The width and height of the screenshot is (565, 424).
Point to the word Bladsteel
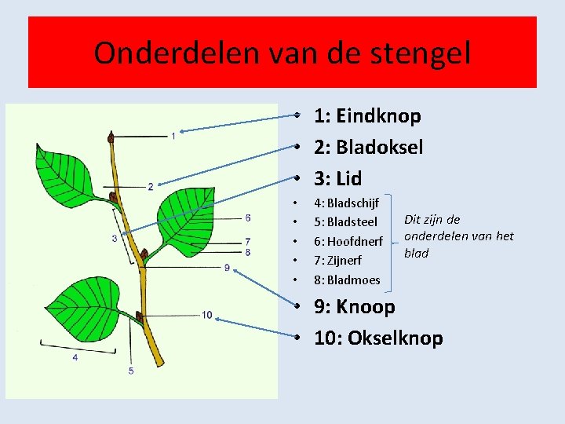point(356,222)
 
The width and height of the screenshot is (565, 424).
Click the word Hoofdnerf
point(360,241)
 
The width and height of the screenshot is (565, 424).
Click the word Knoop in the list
point(365,307)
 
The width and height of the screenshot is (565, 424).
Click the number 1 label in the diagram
point(173,137)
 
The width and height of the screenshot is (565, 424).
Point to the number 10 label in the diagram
point(206,315)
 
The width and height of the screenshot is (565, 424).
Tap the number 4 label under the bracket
point(75,357)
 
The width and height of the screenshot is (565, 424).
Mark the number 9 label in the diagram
point(227,268)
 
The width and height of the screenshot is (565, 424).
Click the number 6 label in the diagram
point(248,217)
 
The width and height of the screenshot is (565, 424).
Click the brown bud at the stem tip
point(111,139)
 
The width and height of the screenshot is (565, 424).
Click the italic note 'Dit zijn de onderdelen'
point(457,236)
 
